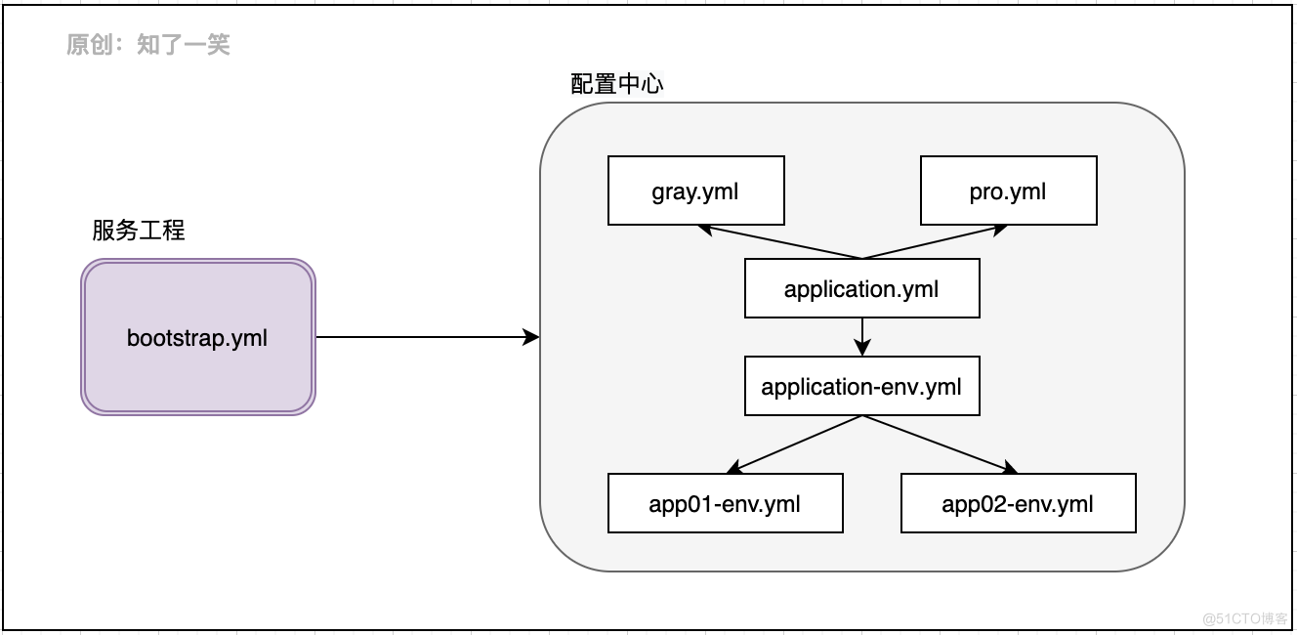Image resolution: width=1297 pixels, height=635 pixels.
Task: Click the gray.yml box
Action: click(695, 190)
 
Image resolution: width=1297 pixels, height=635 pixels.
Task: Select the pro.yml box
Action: click(1008, 190)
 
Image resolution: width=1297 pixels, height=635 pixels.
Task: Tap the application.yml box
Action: click(861, 288)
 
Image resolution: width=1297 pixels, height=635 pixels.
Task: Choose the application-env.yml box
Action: click(861, 386)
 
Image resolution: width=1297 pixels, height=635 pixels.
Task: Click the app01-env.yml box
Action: click(725, 503)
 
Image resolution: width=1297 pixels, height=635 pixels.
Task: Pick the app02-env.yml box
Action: click(1018, 503)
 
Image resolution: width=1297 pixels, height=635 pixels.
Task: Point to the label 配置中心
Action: click(616, 84)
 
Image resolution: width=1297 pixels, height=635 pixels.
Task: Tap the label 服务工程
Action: click(139, 231)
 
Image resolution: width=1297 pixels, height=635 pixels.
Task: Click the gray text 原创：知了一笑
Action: click(148, 45)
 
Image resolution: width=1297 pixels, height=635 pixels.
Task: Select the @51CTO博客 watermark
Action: click(1244, 617)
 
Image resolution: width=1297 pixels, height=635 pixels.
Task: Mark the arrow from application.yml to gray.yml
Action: click(781, 243)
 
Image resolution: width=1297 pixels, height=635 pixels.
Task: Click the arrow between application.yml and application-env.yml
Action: click(861, 336)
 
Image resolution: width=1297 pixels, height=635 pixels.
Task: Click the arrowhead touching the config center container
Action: click(532, 337)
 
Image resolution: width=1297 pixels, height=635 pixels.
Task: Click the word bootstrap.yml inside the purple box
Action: click(197, 338)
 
